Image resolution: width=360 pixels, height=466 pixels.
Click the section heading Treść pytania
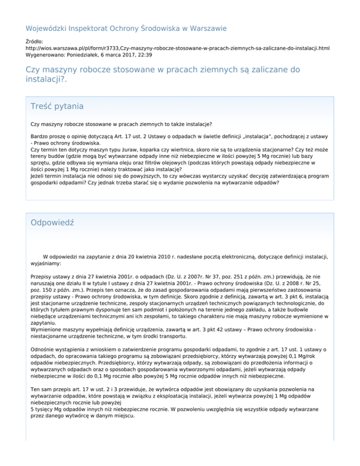pos(57,106)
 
